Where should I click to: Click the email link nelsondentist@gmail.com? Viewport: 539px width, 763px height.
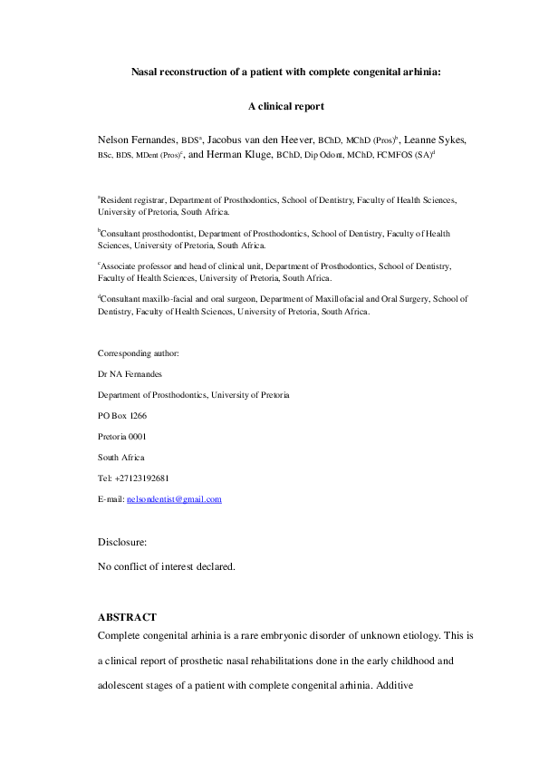pyautogui.click(x=180, y=499)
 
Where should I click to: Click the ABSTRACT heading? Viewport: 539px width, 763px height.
pyautogui.click(x=128, y=617)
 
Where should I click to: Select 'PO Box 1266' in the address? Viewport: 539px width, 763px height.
pyautogui.click(x=122, y=416)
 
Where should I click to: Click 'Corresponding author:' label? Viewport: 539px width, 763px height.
pyautogui.click(x=138, y=353)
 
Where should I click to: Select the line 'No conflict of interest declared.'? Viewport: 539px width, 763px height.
pyautogui.click(x=166, y=566)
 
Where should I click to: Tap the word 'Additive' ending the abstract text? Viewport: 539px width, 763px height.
pyautogui.click(x=389, y=686)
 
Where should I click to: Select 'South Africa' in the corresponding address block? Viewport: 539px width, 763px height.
pyautogui.click(x=120, y=458)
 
